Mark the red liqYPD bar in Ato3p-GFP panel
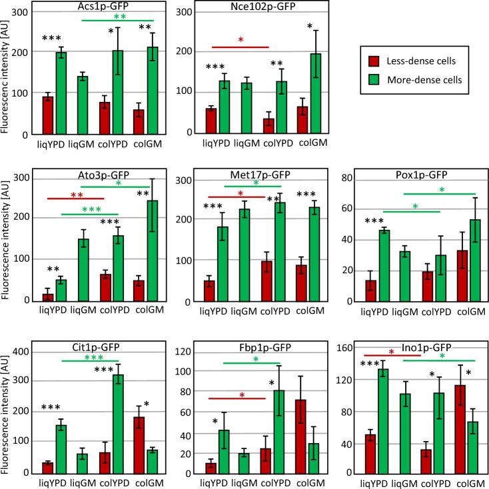click(x=47, y=296)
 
